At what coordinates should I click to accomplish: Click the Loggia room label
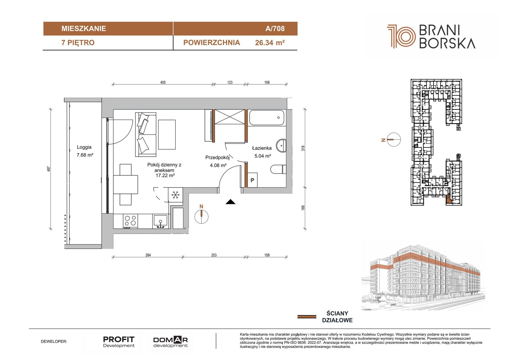coord(84,147)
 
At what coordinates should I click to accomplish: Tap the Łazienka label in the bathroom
coord(262,148)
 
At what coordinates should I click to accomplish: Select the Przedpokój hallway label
coord(218,157)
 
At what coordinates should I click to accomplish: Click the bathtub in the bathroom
coord(267,117)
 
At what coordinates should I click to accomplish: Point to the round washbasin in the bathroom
coord(281,145)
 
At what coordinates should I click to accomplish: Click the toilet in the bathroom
coord(278,169)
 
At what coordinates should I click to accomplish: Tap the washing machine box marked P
coord(252,180)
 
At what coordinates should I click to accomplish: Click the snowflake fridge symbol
coord(175,195)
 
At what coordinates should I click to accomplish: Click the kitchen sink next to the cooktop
coord(161,221)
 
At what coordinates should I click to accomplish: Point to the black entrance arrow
coord(230,202)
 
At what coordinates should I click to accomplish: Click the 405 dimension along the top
coord(163,82)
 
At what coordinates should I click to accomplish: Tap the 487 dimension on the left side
coord(49,169)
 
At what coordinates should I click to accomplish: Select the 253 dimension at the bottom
coord(214,255)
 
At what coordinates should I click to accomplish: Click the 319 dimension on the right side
coord(303,149)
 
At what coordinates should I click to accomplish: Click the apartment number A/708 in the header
coord(275,28)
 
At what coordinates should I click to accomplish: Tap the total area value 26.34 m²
coord(270,43)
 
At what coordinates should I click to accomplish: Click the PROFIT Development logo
coord(119,342)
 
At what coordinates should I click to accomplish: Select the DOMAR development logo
coord(171,342)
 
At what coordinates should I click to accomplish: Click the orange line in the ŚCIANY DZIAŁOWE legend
coord(307,317)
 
